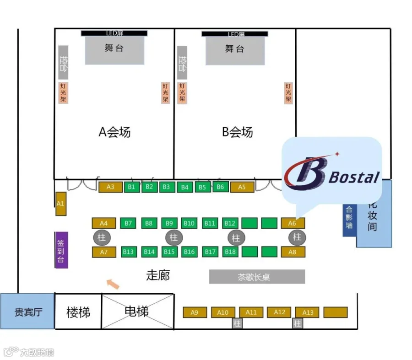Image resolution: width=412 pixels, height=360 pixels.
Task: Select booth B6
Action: click(x=220, y=187)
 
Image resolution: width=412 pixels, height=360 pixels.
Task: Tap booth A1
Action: click(x=61, y=204)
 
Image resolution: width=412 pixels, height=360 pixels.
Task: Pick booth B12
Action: click(x=230, y=223)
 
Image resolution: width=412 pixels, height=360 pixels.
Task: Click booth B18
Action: click(x=230, y=252)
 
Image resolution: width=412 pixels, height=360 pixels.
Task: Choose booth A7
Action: click(x=104, y=252)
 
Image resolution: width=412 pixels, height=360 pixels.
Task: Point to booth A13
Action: click(x=308, y=312)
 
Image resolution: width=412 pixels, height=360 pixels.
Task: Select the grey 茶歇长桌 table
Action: click(x=257, y=277)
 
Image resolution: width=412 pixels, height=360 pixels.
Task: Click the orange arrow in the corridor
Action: click(x=113, y=284)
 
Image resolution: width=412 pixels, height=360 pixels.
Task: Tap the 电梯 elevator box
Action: click(x=137, y=312)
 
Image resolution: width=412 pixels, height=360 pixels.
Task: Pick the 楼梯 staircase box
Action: click(x=78, y=312)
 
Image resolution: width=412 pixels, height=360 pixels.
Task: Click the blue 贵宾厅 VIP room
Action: click(x=28, y=312)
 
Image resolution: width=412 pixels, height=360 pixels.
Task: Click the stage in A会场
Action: click(x=114, y=50)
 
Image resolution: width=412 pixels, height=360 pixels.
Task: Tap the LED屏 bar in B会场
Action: click(x=234, y=34)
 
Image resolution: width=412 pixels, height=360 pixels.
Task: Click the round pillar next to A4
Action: click(x=102, y=238)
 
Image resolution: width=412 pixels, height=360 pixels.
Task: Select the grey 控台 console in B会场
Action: click(x=182, y=63)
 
